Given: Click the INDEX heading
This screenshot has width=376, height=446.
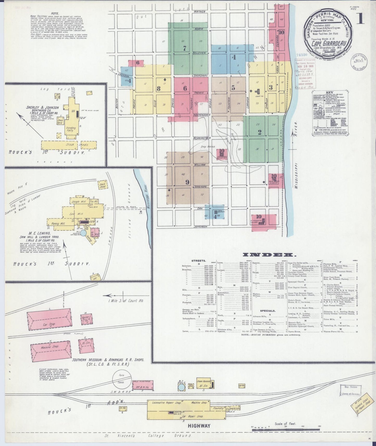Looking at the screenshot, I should pos(268,254).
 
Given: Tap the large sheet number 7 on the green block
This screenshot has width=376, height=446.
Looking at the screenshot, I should pos(185,48).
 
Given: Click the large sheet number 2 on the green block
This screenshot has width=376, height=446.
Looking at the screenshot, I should pos(259,132).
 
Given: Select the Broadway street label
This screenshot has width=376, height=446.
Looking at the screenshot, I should pos(200,76).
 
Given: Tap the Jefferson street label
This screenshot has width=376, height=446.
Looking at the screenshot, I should pos(200,226).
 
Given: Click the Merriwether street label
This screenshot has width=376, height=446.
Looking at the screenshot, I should pos(202,137).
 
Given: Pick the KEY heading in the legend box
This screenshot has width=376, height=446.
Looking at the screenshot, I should pos(329,93).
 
